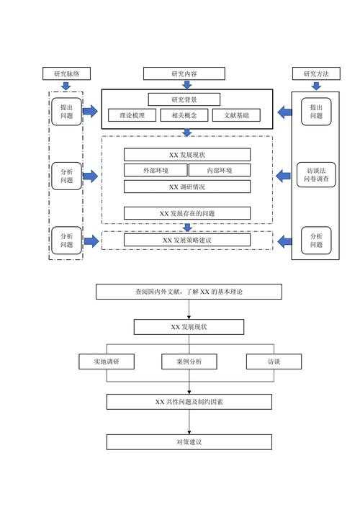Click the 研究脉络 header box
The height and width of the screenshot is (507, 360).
(66, 73)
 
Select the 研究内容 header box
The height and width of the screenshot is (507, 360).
(184, 73)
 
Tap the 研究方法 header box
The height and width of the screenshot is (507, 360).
(316, 73)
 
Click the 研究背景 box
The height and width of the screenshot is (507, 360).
(184, 99)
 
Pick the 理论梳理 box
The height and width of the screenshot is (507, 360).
(132, 115)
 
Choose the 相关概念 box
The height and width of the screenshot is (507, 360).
(184, 115)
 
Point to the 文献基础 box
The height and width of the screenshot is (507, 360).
(236, 115)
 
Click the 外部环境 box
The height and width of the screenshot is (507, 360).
(156, 171)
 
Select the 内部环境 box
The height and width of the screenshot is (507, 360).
(220, 171)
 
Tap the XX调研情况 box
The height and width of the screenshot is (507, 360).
(187, 187)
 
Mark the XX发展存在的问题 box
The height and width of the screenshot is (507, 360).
(187, 213)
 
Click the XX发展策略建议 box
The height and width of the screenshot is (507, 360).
(187, 240)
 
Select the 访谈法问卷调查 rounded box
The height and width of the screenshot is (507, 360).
(316, 175)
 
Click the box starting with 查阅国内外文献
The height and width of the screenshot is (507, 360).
(189, 292)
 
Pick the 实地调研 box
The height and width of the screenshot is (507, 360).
(107, 362)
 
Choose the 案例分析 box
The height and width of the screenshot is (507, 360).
(189, 362)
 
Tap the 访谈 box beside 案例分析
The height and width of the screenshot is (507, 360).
(274, 362)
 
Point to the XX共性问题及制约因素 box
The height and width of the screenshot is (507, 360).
(189, 401)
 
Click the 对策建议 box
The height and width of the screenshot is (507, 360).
(189, 441)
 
